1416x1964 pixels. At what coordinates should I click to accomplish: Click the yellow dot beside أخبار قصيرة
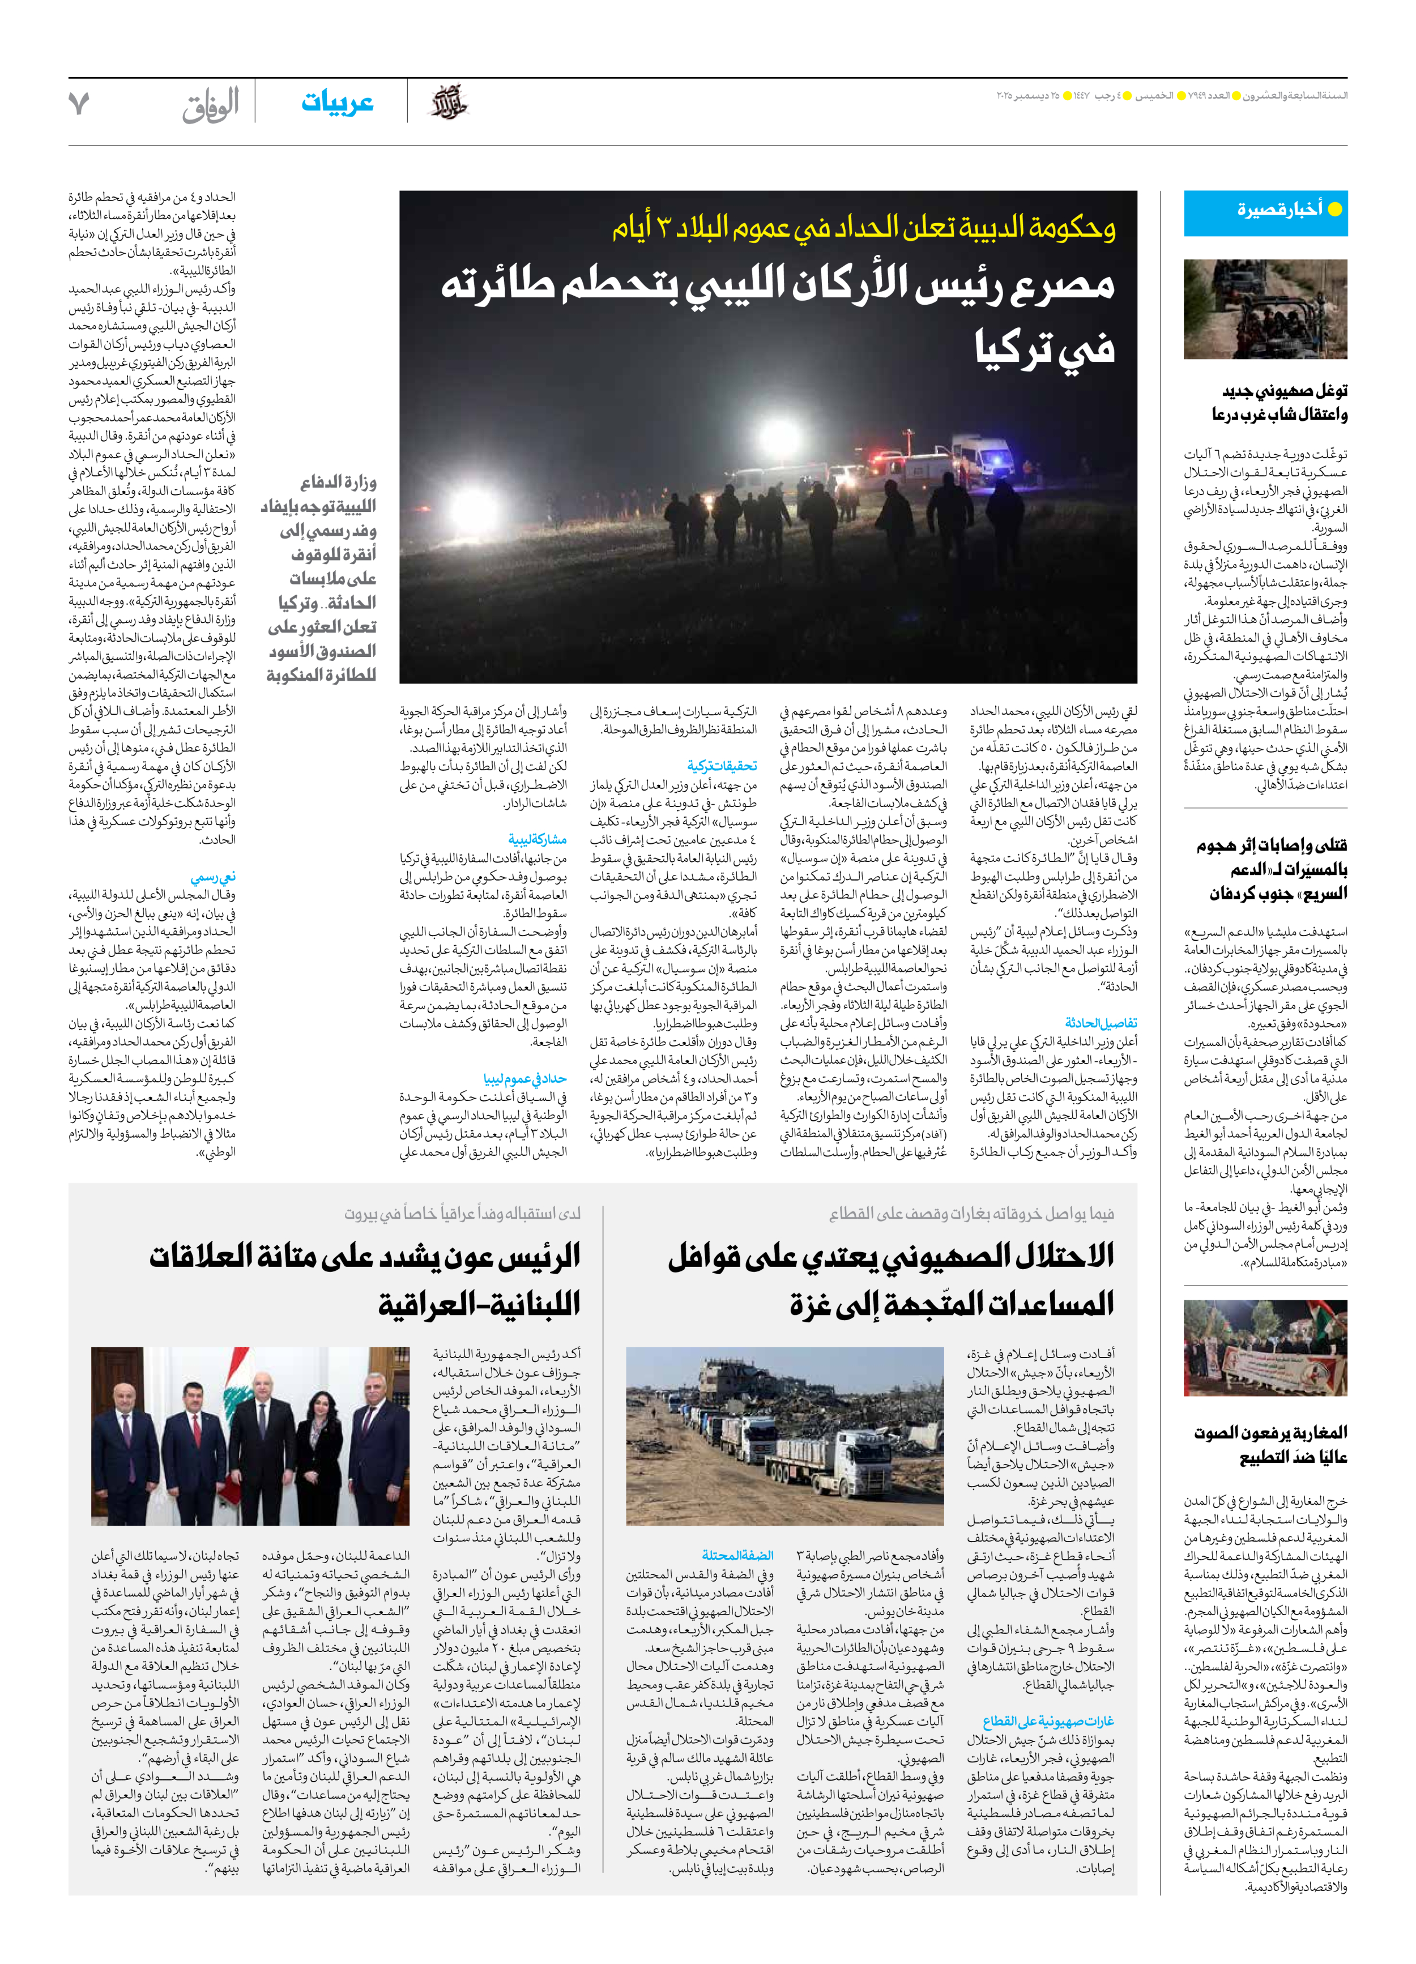[x=1334, y=209]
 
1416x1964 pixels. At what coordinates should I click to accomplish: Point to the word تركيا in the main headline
[x=1044, y=347]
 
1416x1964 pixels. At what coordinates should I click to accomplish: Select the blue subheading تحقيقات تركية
[x=722, y=766]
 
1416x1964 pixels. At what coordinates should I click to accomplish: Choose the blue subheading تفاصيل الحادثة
[x=1101, y=1023]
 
